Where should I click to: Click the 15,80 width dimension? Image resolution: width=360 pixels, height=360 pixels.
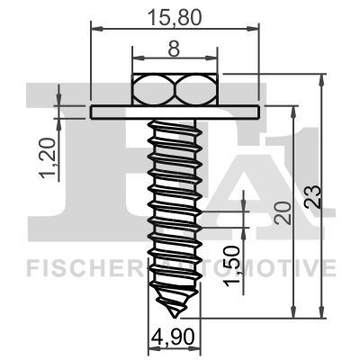pos(175,15)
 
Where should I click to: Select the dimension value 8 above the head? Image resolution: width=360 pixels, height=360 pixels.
pos(175,52)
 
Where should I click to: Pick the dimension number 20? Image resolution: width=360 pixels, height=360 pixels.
pos(282,212)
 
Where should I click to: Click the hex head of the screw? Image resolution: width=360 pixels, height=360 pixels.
pos(176,89)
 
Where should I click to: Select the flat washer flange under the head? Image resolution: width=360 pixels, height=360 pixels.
pos(175,112)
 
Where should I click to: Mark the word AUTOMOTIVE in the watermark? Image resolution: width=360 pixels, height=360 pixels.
pos(270,267)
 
